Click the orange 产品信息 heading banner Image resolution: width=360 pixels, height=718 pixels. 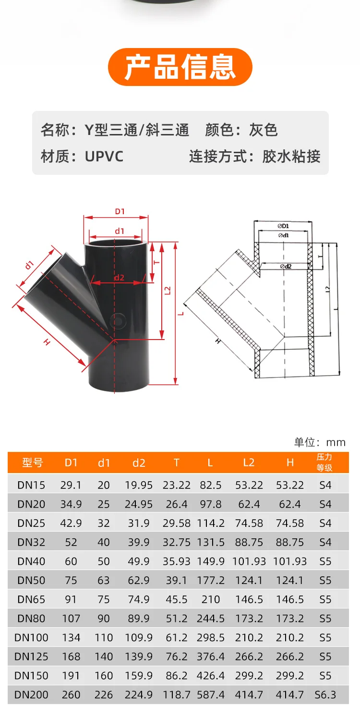point(180,67)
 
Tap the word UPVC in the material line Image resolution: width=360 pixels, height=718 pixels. point(104,157)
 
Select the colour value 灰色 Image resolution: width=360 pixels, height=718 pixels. point(263,130)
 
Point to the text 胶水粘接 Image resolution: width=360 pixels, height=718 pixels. point(291,157)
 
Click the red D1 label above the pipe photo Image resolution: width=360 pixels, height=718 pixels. point(120,211)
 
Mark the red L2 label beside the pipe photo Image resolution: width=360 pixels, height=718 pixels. point(168,291)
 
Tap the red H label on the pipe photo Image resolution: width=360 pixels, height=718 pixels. point(47,342)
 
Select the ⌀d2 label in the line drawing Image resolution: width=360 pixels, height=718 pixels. point(286,266)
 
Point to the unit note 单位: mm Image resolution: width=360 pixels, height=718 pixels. point(320,442)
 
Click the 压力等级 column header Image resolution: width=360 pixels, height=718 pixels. point(325,462)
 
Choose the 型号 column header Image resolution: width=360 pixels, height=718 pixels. point(32,463)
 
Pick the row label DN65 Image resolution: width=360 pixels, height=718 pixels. point(31,599)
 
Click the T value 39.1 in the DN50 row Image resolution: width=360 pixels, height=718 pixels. point(176,580)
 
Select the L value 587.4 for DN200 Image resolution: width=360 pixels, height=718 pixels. point(211,694)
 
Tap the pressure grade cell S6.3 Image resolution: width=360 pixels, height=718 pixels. point(325,694)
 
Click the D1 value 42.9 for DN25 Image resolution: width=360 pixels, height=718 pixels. point(71,523)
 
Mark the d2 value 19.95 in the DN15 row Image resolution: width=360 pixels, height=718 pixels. point(139,485)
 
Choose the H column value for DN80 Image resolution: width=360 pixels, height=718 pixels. point(290,618)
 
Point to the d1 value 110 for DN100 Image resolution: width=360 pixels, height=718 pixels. point(104,637)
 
